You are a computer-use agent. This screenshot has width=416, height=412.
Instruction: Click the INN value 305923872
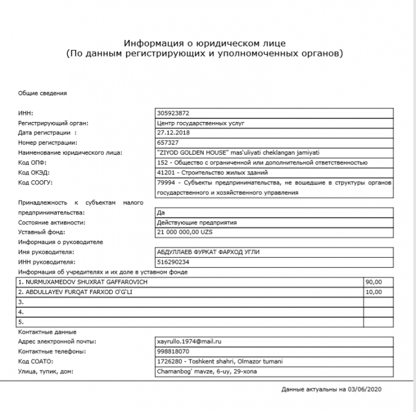click(x=174, y=113)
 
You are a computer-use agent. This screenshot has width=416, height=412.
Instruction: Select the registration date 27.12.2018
click(x=171, y=132)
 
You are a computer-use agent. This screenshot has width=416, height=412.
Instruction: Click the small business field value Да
click(x=160, y=212)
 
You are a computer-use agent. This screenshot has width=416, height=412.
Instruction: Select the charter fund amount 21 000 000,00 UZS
click(x=184, y=232)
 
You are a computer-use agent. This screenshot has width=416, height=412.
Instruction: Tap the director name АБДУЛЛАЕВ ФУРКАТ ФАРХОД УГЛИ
click(x=207, y=252)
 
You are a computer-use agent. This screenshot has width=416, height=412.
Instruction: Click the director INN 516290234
click(x=174, y=261)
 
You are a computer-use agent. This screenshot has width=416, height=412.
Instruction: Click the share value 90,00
click(x=374, y=281)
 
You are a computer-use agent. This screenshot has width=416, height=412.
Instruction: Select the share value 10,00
click(x=374, y=292)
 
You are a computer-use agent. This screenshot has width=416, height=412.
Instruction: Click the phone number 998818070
click(x=174, y=352)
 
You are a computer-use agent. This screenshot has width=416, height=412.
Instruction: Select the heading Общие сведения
click(x=42, y=93)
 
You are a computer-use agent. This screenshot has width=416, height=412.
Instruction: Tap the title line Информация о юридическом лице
click(x=205, y=43)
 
